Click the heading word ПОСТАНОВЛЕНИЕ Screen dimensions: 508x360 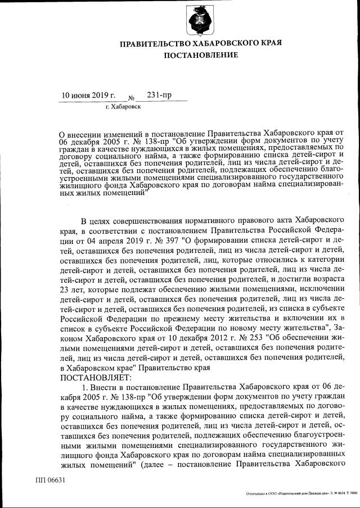[200, 55]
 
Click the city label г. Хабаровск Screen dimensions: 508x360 [123, 106]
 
